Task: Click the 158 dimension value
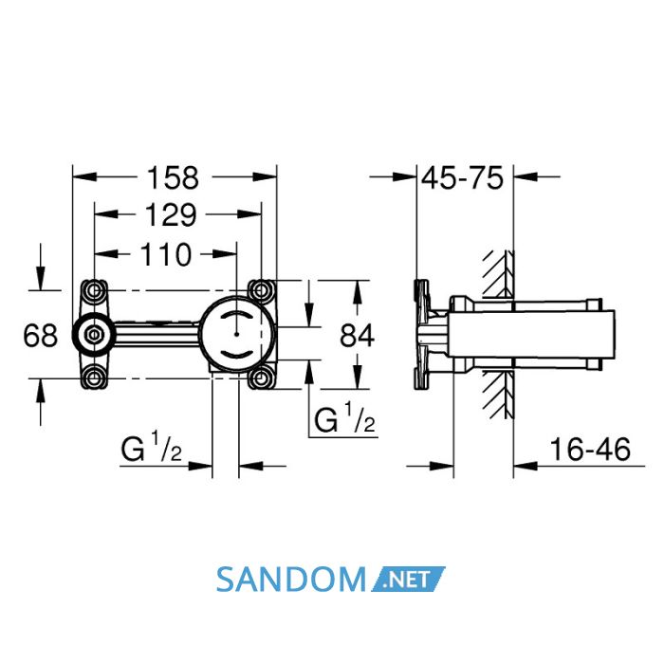pos(173,178)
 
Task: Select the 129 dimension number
pos(171,215)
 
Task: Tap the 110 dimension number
pos(166,254)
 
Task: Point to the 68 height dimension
pos(40,335)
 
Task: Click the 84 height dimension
pos(357,336)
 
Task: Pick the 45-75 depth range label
pos(463,178)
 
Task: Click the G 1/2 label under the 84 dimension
pos(344,418)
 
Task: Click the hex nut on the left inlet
pos(93,335)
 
